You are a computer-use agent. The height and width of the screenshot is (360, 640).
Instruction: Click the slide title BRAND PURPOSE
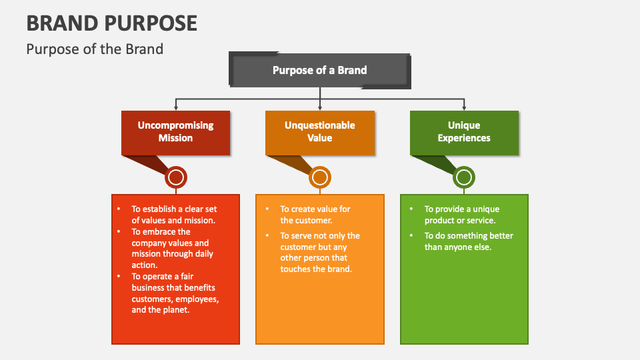coord(111,23)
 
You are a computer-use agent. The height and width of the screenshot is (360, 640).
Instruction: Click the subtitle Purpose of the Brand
coord(94,49)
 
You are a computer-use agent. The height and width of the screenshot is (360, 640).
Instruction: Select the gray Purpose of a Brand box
coord(319,70)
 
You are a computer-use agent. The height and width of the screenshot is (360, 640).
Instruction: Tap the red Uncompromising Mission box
coord(175,131)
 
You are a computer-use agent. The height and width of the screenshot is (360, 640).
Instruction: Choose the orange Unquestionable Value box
coord(319,131)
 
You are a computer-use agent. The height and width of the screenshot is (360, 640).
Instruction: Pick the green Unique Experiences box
coord(464,131)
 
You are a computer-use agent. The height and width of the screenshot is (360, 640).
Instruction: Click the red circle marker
coord(176,177)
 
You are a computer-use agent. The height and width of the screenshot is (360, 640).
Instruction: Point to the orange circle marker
coord(320,177)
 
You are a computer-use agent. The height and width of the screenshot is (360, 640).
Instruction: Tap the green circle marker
coord(464,177)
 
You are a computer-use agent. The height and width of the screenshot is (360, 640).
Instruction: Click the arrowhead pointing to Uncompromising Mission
coord(176,107)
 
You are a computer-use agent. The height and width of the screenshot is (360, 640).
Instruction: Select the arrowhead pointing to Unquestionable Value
coord(320,107)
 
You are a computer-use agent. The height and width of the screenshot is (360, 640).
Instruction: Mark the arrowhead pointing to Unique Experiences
coord(464,107)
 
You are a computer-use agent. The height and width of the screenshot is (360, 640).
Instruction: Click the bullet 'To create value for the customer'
coord(315,215)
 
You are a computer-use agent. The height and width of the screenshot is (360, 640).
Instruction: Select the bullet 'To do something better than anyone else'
coord(469,241)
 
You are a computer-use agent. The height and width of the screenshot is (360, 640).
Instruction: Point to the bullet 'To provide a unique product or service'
coord(461,215)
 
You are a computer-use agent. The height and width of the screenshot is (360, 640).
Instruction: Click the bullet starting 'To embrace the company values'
coord(172,248)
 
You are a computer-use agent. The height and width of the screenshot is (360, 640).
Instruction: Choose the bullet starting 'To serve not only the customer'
coord(319,252)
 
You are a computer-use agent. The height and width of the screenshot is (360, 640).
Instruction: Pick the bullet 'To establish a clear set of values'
coord(173,215)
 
